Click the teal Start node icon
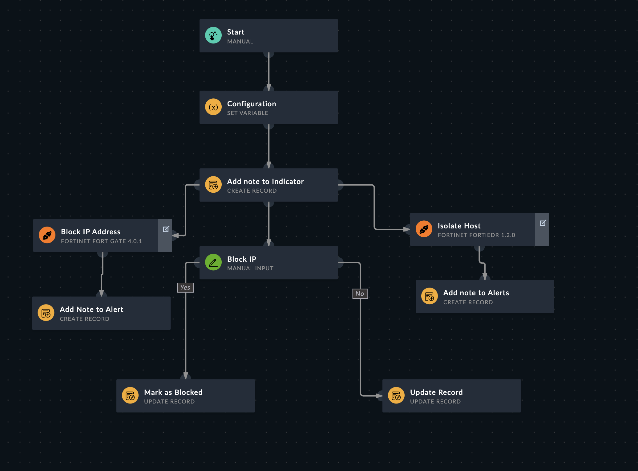coord(213,35)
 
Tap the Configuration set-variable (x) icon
coord(213,107)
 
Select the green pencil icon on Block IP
coord(213,262)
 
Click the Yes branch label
coord(185,288)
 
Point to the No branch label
coord(360,294)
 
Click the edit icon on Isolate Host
coord(543,223)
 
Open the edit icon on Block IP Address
coord(166,229)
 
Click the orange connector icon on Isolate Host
coord(424,229)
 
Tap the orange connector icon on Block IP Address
coord(47,235)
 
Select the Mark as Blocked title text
coord(173,392)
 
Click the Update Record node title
coord(436,392)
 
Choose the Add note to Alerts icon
coord(429,296)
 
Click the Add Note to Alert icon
coord(46,313)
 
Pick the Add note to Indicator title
coord(265,181)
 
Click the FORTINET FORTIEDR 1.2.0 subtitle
coord(476,235)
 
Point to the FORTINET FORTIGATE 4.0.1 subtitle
coord(101,241)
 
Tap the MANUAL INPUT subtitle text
coord(250,268)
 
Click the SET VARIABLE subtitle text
coord(247,113)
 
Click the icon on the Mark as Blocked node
coord(130,395)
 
